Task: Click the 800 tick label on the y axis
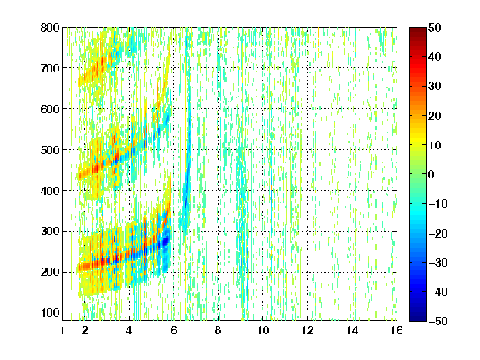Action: tap(50, 27)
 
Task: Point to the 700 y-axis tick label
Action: tap(50, 68)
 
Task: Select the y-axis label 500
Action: tap(50, 150)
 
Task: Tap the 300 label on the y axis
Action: tap(50, 232)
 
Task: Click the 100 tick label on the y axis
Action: tap(50, 312)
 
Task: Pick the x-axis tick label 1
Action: tap(62, 330)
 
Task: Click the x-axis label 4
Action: tap(129, 330)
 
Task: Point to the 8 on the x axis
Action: tap(217, 330)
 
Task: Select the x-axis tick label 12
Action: tap(307, 330)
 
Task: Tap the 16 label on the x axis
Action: tap(397, 330)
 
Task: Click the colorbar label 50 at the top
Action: tap(435, 27)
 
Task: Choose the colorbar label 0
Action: tap(431, 174)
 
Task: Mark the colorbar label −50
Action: tap(438, 321)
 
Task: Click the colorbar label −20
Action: tap(438, 233)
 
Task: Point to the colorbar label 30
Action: tap(435, 87)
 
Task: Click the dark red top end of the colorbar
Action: tap(417, 29)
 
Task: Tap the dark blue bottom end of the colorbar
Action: tap(417, 319)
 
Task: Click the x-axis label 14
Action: tap(352, 330)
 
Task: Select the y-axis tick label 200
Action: tap(50, 272)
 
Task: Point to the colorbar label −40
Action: tap(438, 292)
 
